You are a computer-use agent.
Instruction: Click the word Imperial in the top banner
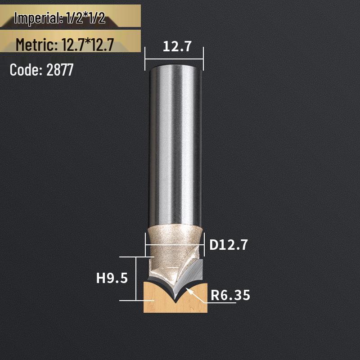tap(36, 18)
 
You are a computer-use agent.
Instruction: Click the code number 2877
tap(59, 70)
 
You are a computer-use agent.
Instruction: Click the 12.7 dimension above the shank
tap(174, 46)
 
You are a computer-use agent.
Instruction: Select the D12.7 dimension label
tap(229, 245)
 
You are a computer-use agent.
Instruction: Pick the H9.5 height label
tap(112, 278)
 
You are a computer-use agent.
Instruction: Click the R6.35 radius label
tap(230, 295)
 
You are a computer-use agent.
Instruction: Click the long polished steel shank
tap(174, 144)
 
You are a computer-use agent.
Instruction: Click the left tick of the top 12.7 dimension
tap(145, 58)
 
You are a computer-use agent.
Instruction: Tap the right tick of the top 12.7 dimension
tap(203, 58)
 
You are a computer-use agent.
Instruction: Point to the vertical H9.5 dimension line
tap(136, 278)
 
